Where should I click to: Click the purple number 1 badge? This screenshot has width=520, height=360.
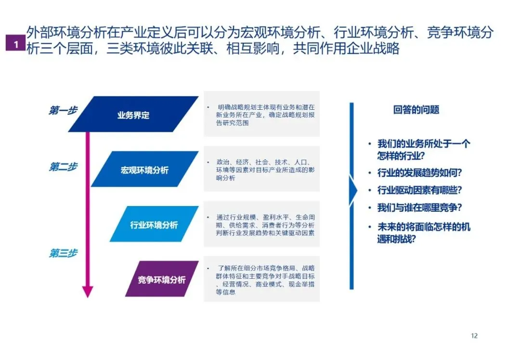16,44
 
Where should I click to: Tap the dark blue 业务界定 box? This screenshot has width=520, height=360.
133,115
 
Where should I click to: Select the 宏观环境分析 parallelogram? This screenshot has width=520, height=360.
144,169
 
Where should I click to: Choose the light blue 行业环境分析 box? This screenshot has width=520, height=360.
154,224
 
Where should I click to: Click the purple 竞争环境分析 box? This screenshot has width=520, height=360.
161,279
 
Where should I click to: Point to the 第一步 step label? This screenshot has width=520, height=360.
63,110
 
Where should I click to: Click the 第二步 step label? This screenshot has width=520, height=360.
63,167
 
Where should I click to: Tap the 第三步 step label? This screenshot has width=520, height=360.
63,253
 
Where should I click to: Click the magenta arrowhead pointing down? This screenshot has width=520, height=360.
87,291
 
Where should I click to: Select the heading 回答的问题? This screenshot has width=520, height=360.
416,110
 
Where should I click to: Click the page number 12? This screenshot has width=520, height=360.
474,335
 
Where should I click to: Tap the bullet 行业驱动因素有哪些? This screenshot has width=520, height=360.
419,190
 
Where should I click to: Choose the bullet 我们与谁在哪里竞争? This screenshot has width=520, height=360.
419,208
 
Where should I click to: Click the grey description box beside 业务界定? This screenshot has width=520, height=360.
261,114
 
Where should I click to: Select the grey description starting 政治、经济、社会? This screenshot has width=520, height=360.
261,169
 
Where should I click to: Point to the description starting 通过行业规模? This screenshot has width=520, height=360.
261,224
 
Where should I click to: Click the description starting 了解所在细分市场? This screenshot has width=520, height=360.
261,279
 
